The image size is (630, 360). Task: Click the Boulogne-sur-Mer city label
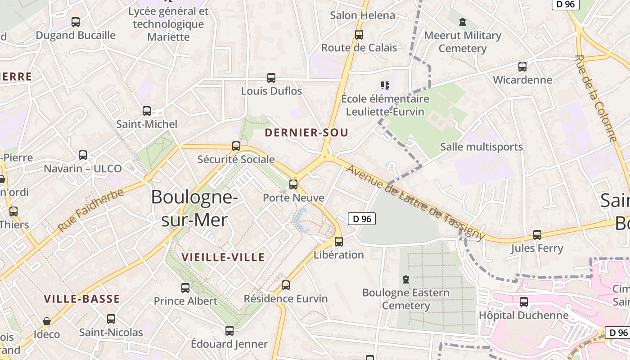coord(194,208)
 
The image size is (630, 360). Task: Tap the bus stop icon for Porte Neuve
coord(293,184)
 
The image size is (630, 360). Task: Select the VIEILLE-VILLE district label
coord(223,257)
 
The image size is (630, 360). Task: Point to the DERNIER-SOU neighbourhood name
coord(306,132)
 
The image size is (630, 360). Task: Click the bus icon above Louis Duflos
coord(271,78)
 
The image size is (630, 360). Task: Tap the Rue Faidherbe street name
coord(90,211)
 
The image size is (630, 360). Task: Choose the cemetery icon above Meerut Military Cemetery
coord(463,22)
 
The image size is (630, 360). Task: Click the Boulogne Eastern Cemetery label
coord(405,299)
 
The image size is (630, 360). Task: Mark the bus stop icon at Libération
coord(339,242)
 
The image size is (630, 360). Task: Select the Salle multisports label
coord(481,147)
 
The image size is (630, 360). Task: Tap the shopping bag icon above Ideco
coord(46,321)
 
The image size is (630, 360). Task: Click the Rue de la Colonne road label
coord(595,98)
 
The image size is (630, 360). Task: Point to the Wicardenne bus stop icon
coord(522,67)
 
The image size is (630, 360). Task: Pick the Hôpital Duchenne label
coord(523,315)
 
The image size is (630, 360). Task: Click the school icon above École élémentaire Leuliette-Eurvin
coord(385,85)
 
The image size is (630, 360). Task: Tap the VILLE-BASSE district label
coord(82,299)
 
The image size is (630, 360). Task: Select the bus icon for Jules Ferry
coord(537,235)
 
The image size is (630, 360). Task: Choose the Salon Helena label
coord(362,15)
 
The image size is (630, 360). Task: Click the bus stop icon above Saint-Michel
coord(147,111)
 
